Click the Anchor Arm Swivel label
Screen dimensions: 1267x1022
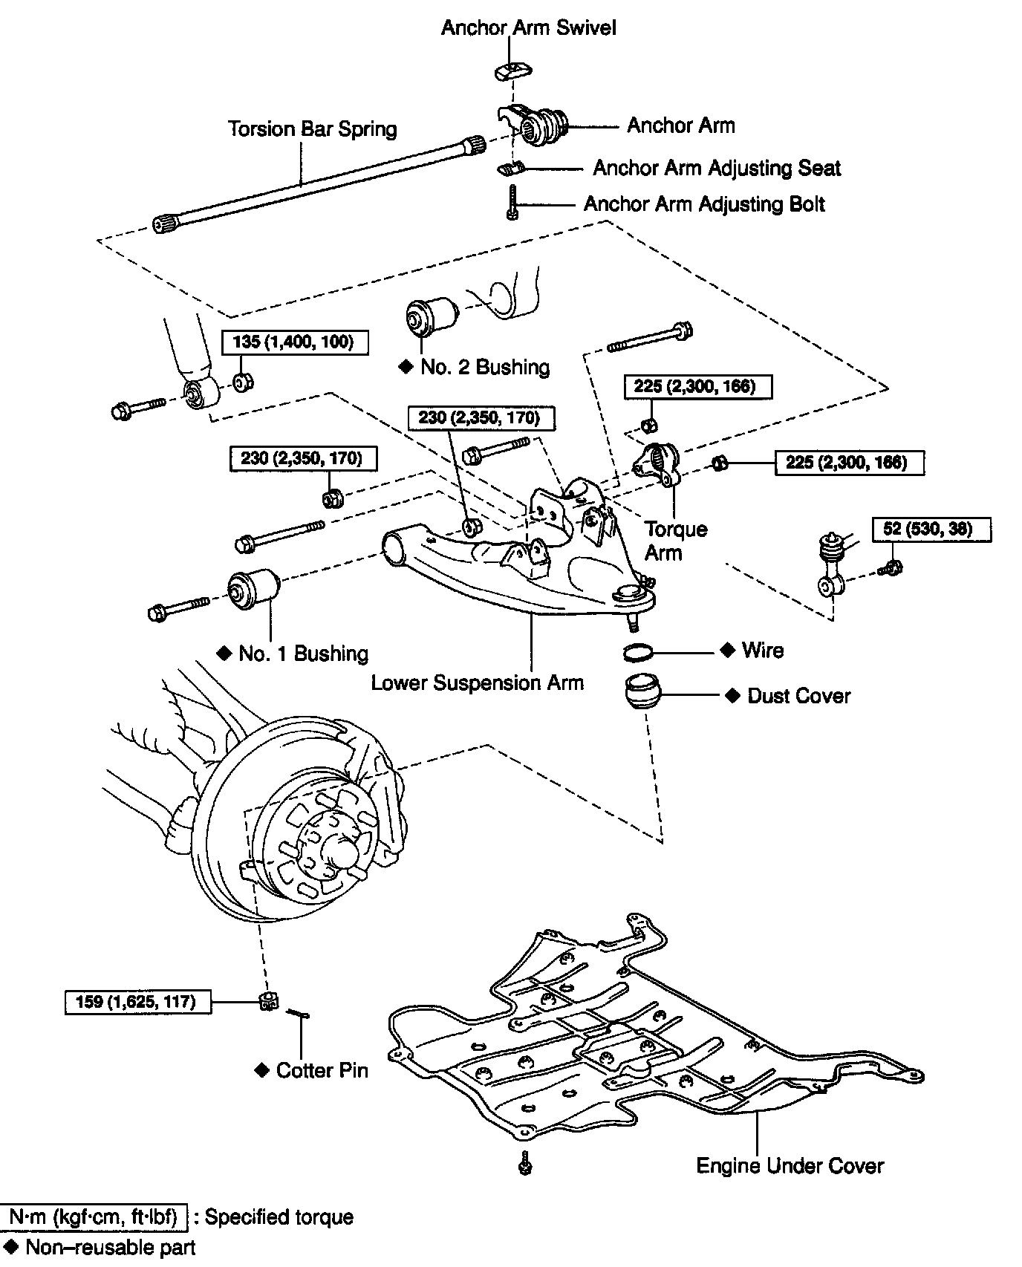tap(528, 28)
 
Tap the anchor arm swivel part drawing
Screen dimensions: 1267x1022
tap(513, 71)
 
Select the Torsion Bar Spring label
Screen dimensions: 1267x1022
tap(312, 129)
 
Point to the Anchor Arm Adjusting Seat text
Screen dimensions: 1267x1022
tap(716, 169)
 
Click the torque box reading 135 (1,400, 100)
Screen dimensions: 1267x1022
tap(296, 342)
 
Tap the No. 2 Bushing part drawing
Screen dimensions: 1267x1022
tap(433, 316)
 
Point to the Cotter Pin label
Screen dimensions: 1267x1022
tap(322, 1070)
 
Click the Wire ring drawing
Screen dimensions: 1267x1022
tap(638, 652)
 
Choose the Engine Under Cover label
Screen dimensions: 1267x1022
tap(790, 1166)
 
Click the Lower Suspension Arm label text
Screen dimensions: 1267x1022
tap(478, 683)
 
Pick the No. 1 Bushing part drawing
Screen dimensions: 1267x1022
tap(253, 588)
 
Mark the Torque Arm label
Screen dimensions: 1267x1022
tap(674, 540)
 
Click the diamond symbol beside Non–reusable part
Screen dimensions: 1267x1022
tap(10, 1246)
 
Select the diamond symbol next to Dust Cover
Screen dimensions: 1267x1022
tap(733, 695)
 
